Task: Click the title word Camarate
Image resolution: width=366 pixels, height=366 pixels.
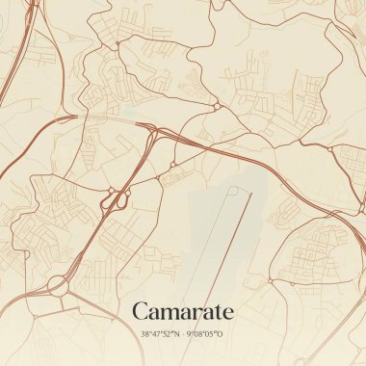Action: click(182, 311)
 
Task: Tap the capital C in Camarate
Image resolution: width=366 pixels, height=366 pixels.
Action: click(140, 311)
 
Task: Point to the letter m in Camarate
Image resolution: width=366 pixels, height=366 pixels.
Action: click(170, 313)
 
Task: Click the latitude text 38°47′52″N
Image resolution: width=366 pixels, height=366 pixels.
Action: click(158, 334)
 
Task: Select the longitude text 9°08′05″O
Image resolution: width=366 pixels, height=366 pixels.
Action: click(204, 334)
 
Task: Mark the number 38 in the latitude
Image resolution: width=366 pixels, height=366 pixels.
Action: click(144, 334)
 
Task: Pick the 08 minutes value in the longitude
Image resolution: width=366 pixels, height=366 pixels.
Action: click(196, 334)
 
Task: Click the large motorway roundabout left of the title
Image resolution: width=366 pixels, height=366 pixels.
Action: click(57, 284)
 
